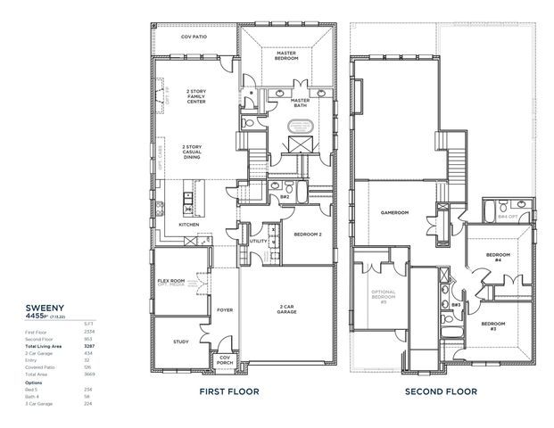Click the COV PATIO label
click(194, 37)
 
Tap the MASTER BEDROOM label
click(285, 55)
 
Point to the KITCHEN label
click(188, 225)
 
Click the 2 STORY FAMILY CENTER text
click(195, 96)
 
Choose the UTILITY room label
click(259, 241)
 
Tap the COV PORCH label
click(225, 361)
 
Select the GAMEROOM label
click(393, 213)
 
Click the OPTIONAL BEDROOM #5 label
click(384, 297)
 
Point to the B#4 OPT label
click(508, 216)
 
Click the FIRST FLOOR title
click(228, 391)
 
